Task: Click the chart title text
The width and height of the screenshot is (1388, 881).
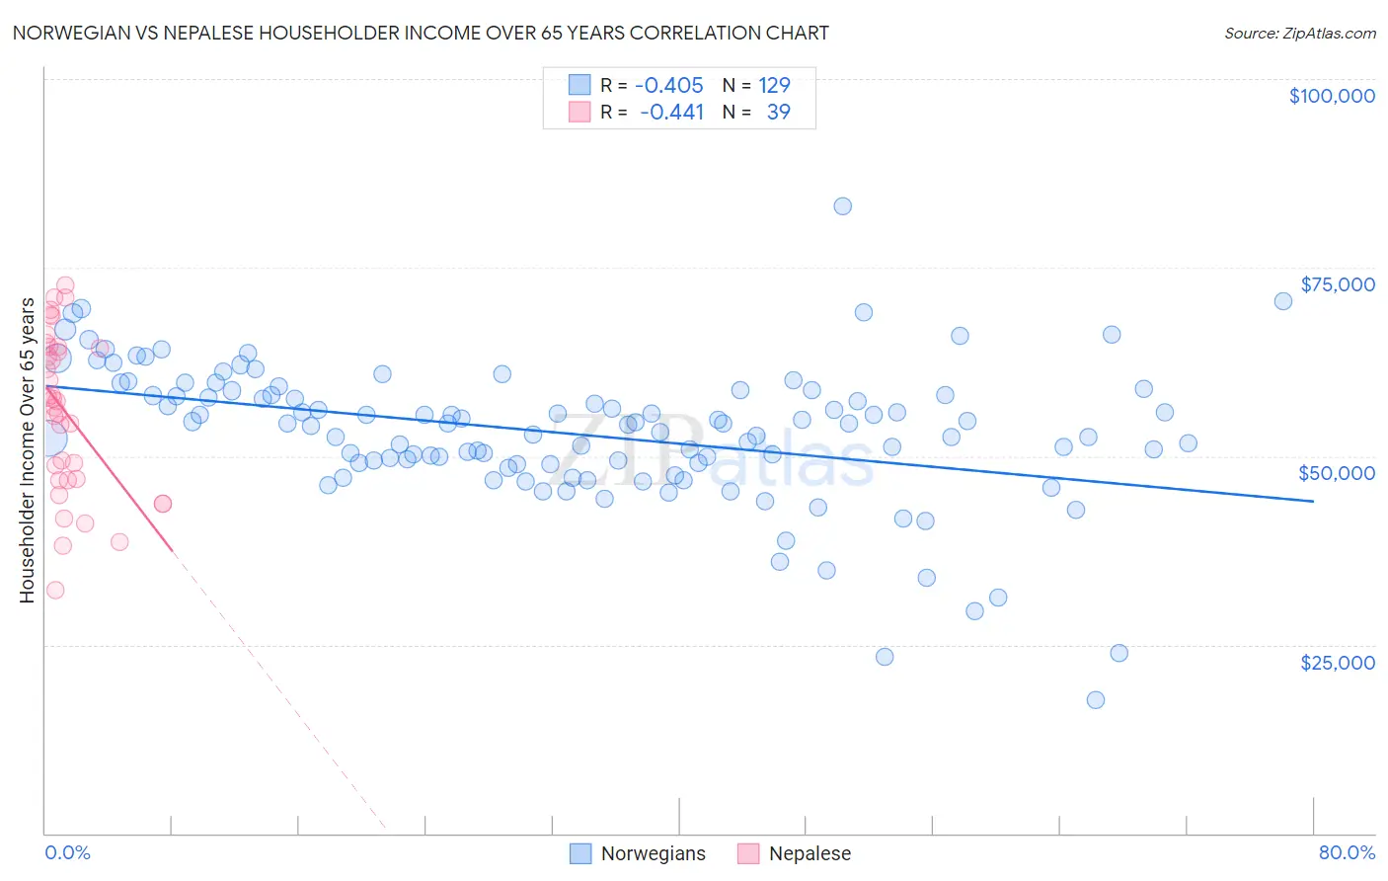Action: (421, 33)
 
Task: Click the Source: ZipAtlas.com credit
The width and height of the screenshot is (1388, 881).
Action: (1299, 33)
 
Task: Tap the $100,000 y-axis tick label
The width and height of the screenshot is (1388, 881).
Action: (1331, 96)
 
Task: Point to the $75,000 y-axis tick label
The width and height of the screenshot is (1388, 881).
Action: (1337, 284)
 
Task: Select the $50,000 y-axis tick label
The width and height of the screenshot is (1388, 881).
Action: (1336, 473)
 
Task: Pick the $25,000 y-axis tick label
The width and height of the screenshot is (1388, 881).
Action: (1337, 663)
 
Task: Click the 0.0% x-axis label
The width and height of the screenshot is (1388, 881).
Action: (67, 852)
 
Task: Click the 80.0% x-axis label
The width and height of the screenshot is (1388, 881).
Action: (1347, 852)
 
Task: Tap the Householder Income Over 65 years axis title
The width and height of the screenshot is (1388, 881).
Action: (27, 450)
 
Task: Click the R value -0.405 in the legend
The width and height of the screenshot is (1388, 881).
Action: (669, 85)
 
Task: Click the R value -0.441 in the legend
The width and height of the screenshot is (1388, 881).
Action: (671, 112)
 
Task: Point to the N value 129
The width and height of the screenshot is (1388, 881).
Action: (774, 85)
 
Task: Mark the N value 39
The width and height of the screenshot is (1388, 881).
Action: (778, 112)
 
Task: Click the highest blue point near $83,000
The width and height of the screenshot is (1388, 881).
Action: (842, 206)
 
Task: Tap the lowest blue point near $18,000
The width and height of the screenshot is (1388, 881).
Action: (1095, 700)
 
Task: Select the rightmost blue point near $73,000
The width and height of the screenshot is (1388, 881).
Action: (1282, 301)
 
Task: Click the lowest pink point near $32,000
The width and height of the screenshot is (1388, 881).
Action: (55, 590)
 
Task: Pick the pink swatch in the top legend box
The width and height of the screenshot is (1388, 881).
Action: (579, 112)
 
